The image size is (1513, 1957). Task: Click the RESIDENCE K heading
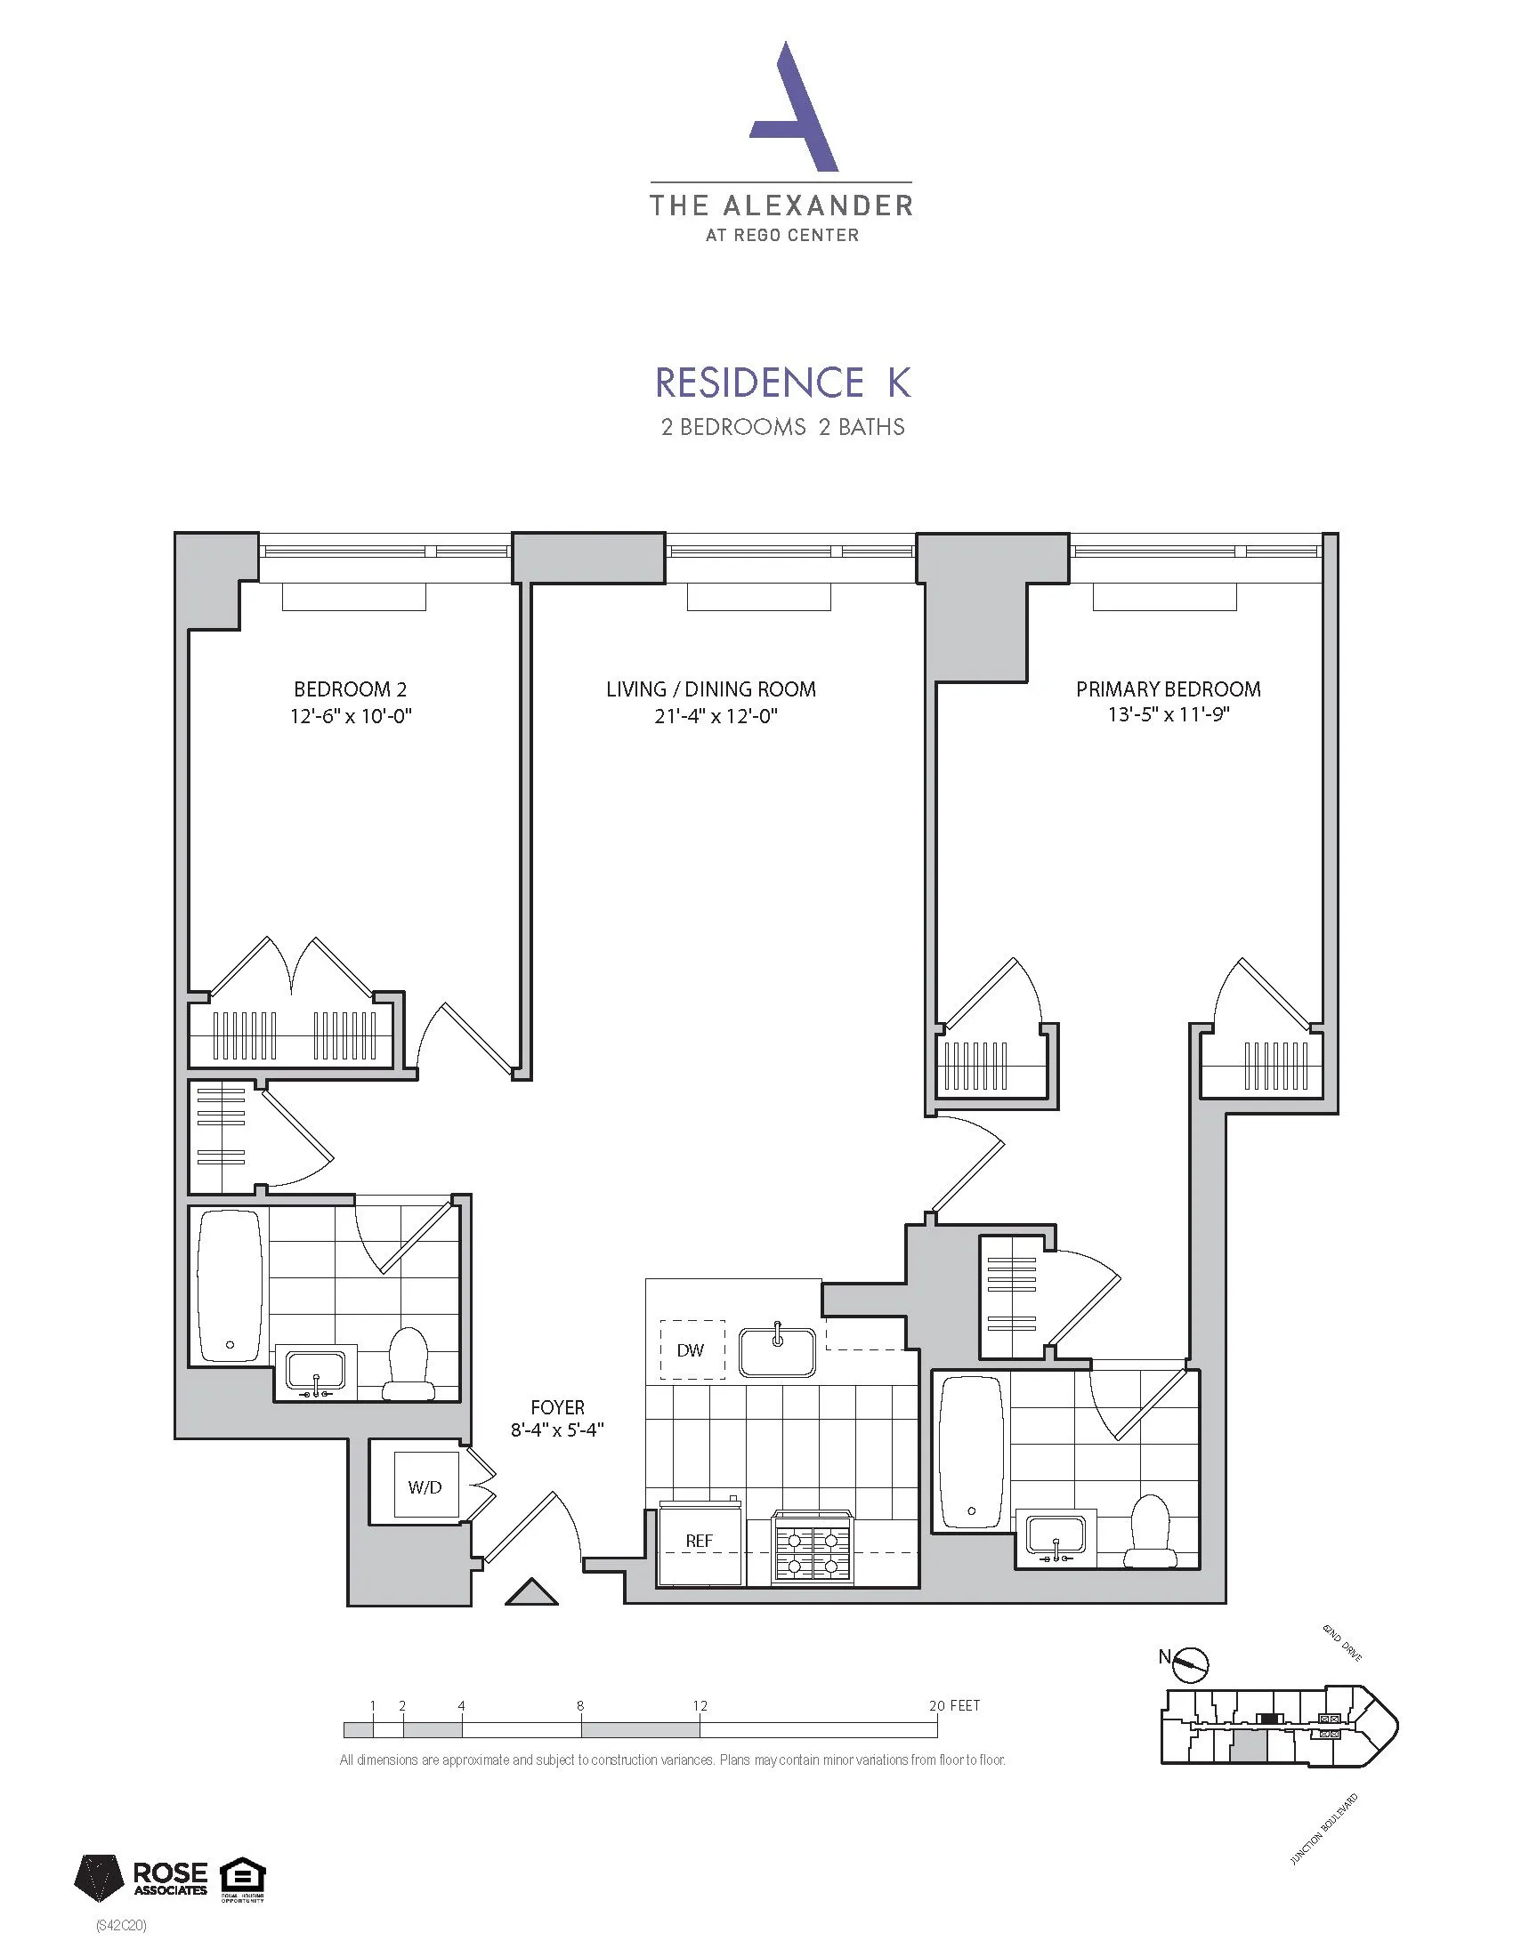[x=782, y=383]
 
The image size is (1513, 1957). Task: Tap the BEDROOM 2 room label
[x=350, y=689]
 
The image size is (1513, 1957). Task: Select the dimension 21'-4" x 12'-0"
[x=715, y=716]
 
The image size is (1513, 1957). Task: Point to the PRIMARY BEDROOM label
[x=1167, y=689]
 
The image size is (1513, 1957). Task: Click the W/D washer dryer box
[x=425, y=1487]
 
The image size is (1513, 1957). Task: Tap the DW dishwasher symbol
[x=691, y=1350]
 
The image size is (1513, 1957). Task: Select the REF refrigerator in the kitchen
[x=700, y=1541]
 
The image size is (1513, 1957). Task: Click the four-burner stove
[x=812, y=1548]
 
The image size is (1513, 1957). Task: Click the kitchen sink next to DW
[x=777, y=1351]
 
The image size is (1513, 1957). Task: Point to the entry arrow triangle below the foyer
[x=531, y=1592]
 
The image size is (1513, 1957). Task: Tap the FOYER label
[x=556, y=1408]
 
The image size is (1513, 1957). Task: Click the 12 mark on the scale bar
[x=700, y=1705]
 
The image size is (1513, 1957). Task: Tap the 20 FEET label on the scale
[x=954, y=1705]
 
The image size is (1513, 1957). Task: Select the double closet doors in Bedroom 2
[x=292, y=968]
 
